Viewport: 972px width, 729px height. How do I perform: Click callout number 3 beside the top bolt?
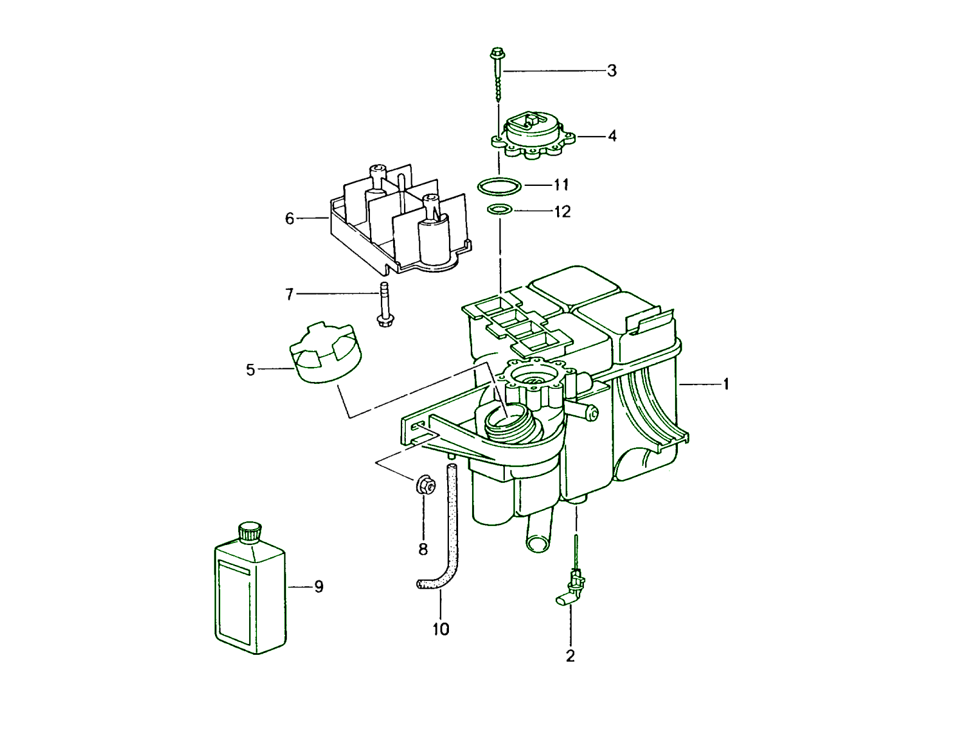point(612,71)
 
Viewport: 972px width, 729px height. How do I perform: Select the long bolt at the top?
point(498,73)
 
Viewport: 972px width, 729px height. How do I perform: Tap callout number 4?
point(612,136)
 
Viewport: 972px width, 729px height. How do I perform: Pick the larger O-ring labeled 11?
point(499,186)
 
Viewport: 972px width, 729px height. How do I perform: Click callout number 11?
point(561,185)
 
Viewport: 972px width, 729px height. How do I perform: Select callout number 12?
point(563,211)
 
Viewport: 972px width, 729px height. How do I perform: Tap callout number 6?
point(290,219)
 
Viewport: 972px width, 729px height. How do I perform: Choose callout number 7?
point(290,295)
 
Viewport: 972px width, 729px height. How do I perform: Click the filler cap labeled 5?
point(326,354)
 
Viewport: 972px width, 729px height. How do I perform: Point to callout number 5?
point(250,370)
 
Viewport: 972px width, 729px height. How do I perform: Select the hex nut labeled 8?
point(425,485)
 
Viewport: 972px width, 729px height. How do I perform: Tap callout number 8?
point(423,550)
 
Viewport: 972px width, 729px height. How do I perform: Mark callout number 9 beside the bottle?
point(319,587)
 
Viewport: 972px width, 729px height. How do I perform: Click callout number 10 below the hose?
point(441,629)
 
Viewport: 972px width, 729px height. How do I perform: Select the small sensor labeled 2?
point(572,588)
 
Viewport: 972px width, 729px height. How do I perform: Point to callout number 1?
point(725,385)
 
